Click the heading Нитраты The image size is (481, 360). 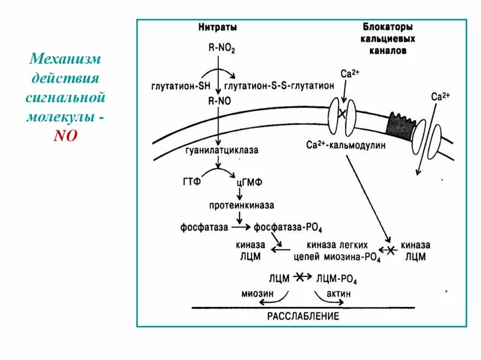coord(217,28)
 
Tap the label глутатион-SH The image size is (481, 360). coord(181,86)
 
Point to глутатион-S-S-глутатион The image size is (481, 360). coord(279,86)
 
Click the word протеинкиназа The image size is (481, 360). coord(241,206)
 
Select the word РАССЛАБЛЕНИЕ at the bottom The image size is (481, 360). coord(303,316)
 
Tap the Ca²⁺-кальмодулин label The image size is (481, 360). coord(346,146)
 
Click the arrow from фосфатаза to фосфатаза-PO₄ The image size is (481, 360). coord(241,228)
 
